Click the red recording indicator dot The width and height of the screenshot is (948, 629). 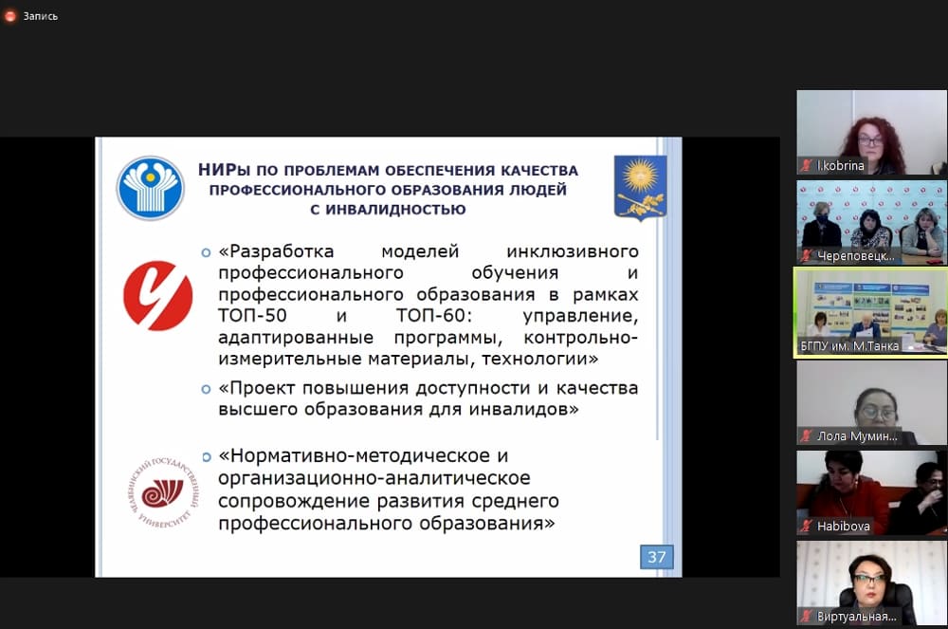click(10, 16)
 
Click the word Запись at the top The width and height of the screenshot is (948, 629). click(41, 16)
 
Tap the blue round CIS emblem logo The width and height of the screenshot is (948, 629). click(151, 188)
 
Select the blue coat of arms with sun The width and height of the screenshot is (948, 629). click(640, 188)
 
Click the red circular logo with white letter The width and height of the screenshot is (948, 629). click(157, 295)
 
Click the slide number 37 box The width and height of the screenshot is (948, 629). click(657, 557)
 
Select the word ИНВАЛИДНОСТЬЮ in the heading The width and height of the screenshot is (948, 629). click(395, 210)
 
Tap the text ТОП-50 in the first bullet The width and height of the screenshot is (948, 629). click(253, 315)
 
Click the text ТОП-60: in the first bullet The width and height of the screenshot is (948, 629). click(431, 315)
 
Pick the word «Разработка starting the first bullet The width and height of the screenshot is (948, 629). click(276, 251)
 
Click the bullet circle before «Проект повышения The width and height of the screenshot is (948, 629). click(206, 389)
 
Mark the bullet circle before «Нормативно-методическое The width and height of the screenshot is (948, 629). click(206, 457)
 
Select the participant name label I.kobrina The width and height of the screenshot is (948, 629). click(840, 165)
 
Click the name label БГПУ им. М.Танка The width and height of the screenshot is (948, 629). click(849, 346)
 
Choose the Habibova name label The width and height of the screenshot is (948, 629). click(844, 527)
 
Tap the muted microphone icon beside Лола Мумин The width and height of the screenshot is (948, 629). click(806, 435)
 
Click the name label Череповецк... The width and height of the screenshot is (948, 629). click(855, 256)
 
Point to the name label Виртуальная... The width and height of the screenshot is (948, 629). click(857, 617)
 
